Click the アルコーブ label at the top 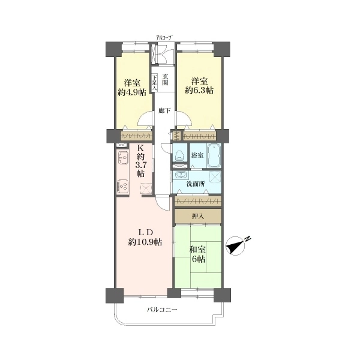coord(164,38)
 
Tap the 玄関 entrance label coord(165,79)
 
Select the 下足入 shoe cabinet coord(155,82)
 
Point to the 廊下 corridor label coord(165,110)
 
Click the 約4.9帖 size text coord(132,92)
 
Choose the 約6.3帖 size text coord(199,91)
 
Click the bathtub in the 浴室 coord(214,156)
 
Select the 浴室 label coord(197,155)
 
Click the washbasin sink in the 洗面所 coord(181,175)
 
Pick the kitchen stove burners coord(123,185)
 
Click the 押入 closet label coord(198,216)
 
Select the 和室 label coord(197,250)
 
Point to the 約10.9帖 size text coord(145,242)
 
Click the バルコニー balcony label coord(162,310)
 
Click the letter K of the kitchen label coord(140,148)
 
